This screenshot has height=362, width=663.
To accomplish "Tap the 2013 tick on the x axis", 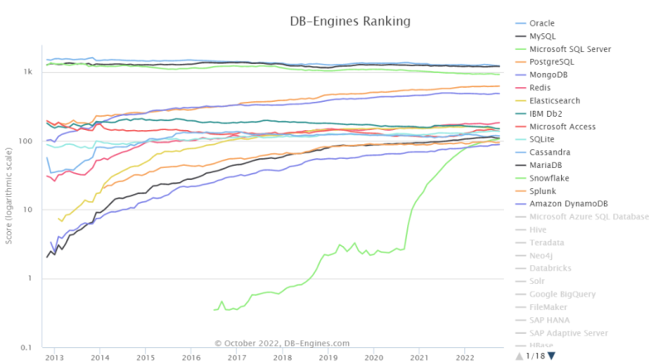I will [55, 358].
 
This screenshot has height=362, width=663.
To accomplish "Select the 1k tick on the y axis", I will [28, 72].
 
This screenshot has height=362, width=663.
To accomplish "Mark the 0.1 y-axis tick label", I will [27, 347].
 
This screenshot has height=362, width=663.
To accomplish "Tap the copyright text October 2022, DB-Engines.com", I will [282, 343].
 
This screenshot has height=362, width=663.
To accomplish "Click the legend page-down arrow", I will [552, 356].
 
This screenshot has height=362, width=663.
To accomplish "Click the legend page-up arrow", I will [520, 356].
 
